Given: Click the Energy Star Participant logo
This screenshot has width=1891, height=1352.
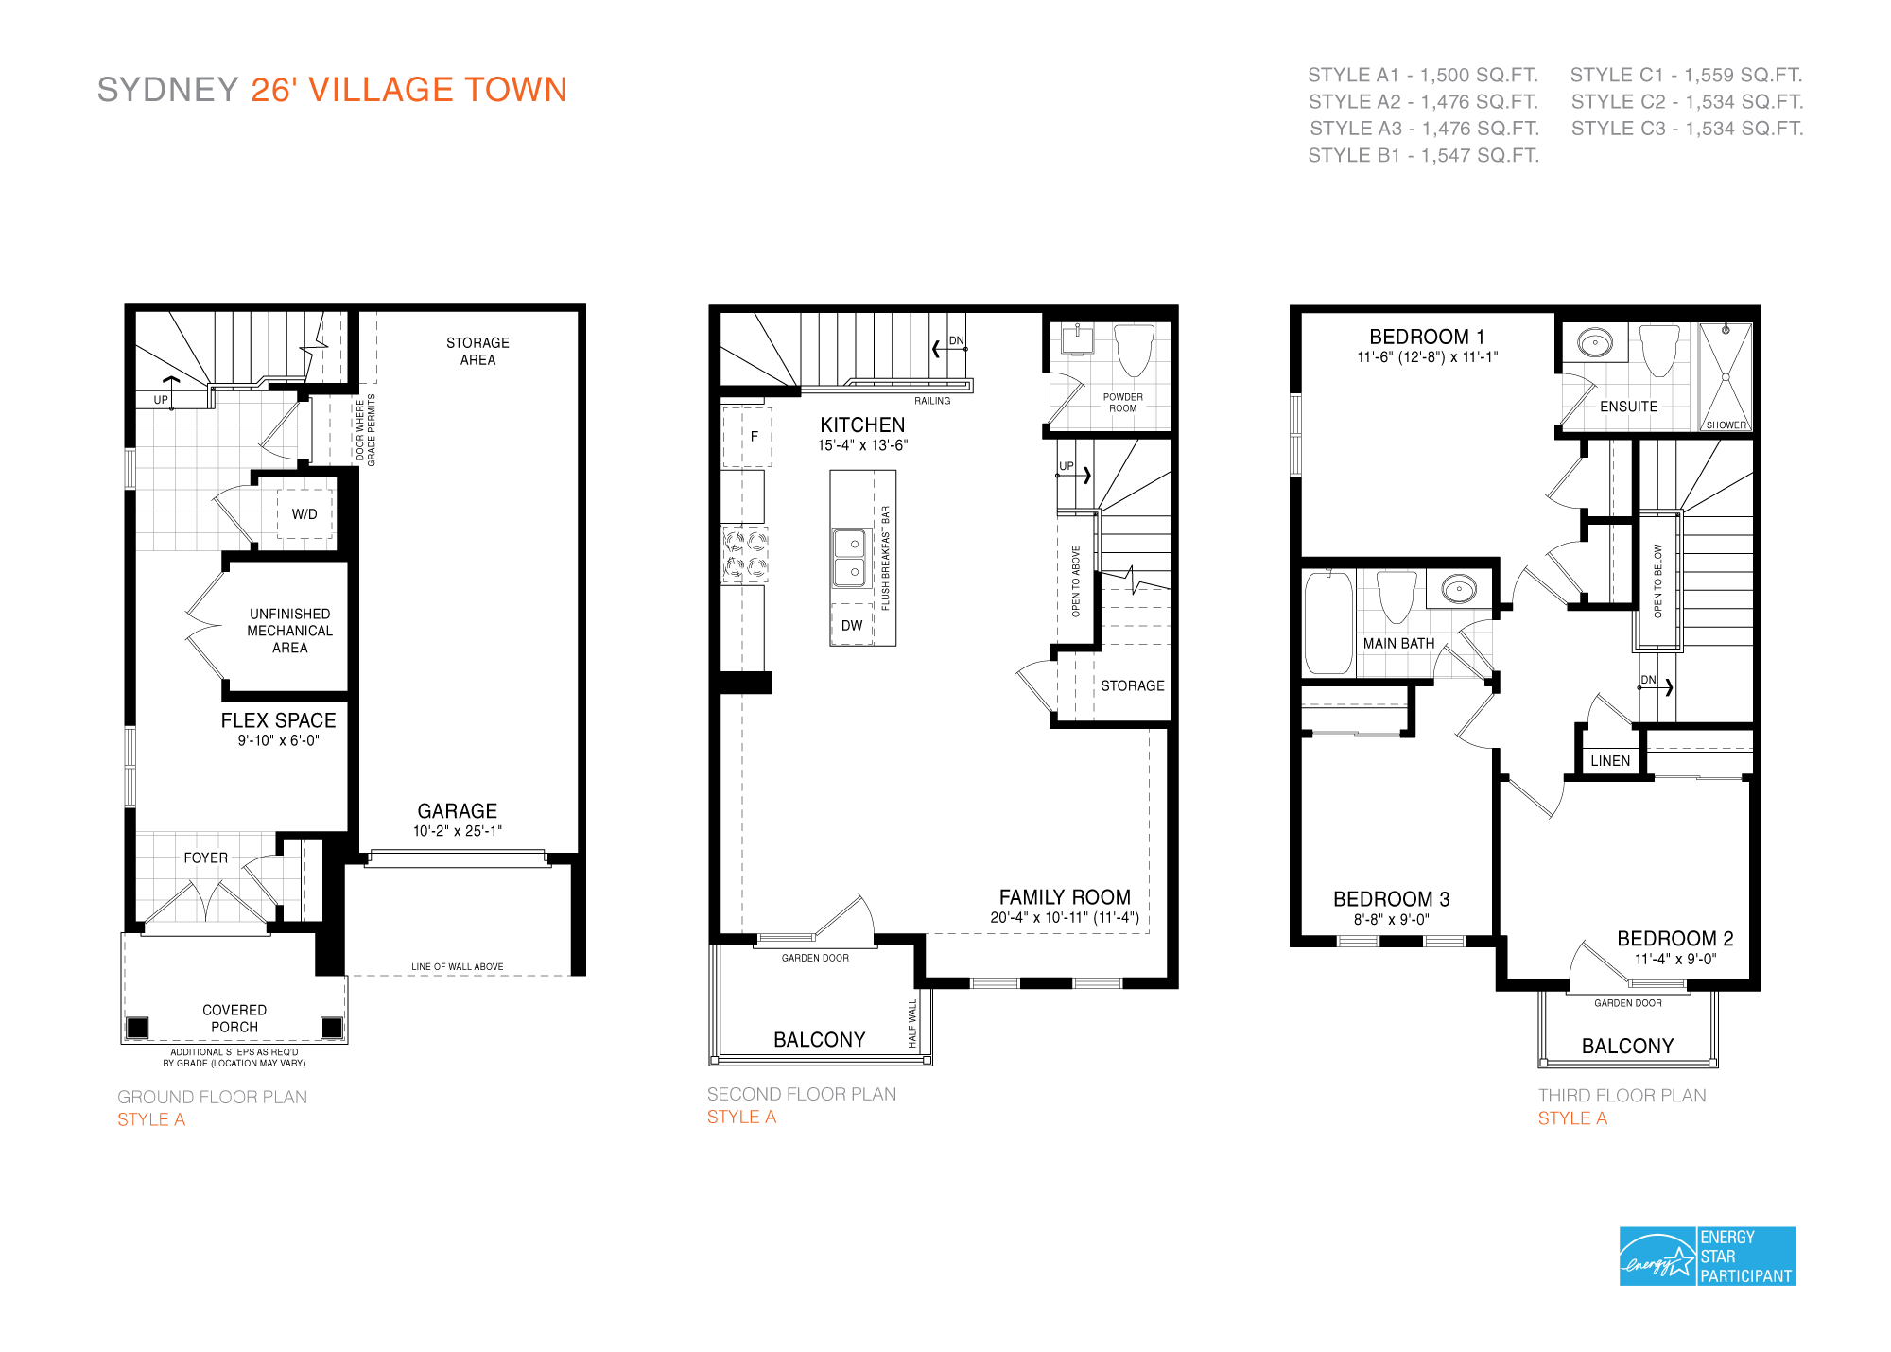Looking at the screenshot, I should pyautogui.click(x=1707, y=1256).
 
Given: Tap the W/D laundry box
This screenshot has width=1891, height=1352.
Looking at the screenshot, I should pyautogui.click(x=304, y=513).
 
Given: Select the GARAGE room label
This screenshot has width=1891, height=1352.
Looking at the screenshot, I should pyautogui.click(x=457, y=810).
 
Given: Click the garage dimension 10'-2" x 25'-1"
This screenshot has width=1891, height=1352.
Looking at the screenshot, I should pyautogui.click(x=457, y=831).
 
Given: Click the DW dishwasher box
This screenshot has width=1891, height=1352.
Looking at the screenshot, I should pyautogui.click(x=852, y=625).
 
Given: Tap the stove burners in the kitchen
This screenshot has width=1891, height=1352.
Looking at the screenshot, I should pyautogui.click(x=745, y=555).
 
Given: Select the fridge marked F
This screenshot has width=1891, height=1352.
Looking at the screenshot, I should pyautogui.click(x=748, y=437).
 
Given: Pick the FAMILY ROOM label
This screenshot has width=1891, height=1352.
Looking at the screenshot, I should pyautogui.click(x=1065, y=896).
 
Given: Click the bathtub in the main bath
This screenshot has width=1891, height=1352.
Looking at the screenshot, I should pyautogui.click(x=1327, y=623).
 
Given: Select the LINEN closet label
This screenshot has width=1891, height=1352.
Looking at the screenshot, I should pyautogui.click(x=1610, y=761).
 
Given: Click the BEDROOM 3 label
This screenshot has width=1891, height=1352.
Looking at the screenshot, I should pyautogui.click(x=1391, y=898).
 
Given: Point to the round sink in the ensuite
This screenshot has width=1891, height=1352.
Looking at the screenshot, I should pyautogui.click(x=1595, y=342).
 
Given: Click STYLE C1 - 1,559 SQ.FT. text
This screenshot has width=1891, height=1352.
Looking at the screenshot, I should pyautogui.click(x=1686, y=75).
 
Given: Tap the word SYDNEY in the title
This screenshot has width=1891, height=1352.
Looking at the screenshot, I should pyautogui.click(x=167, y=90).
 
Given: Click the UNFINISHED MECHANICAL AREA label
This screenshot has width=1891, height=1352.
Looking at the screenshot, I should pyautogui.click(x=289, y=631).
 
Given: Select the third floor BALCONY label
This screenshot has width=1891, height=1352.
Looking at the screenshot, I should pyautogui.click(x=1627, y=1046).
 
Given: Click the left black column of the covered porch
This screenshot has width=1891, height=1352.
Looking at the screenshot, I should pyautogui.click(x=137, y=1027).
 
